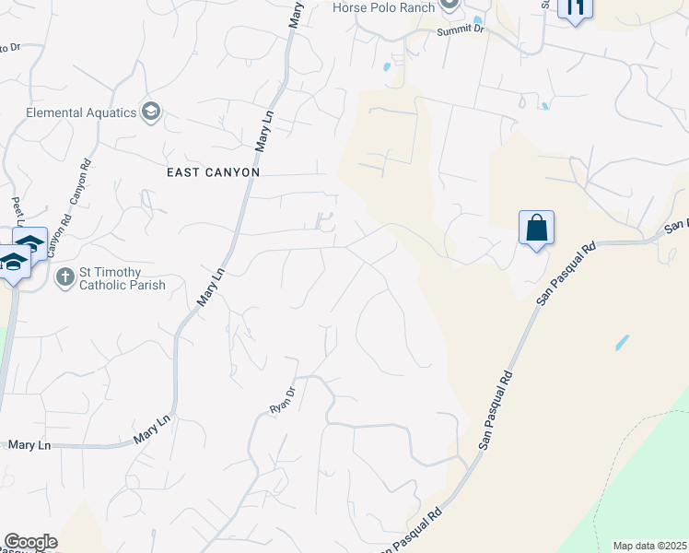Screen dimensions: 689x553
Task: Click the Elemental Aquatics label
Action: (x=81, y=112)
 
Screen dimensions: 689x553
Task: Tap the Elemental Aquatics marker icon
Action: (x=151, y=112)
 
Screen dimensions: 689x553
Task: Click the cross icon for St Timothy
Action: (x=65, y=277)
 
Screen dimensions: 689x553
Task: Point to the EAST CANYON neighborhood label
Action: (x=214, y=172)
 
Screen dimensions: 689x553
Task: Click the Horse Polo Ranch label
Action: (x=384, y=7)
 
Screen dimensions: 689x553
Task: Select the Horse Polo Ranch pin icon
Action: (x=450, y=6)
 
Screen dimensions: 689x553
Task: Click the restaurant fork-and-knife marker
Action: (x=576, y=9)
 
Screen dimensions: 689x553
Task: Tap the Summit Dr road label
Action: (x=466, y=29)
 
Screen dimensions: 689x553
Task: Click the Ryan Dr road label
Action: (x=281, y=398)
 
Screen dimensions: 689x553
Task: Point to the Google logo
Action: (x=30, y=542)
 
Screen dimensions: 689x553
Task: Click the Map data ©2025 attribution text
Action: (x=649, y=546)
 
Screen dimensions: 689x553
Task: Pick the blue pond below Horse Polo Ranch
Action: (x=386, y=66)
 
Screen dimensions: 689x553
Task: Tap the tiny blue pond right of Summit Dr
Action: (x=477, y=20)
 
